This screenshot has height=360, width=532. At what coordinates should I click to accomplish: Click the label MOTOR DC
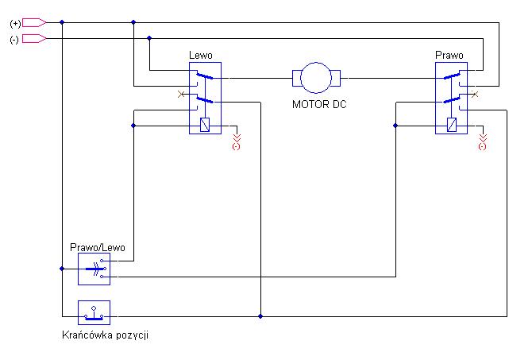(x=319, y=104)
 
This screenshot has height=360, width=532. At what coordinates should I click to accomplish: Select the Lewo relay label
(x=201, y=55)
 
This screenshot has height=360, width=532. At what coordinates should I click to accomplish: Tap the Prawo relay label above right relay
(x=449, y=55)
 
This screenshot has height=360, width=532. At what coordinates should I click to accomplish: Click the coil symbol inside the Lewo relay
(x=205, y=125)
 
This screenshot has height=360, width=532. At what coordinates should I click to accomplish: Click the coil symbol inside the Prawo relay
(x=452, y=125)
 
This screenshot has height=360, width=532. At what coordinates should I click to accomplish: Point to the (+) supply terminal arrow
(x=34, y=23)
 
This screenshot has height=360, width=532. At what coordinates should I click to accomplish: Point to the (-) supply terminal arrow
(x=34, y=39)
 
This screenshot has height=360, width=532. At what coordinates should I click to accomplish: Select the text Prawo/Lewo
(x=98, y=247)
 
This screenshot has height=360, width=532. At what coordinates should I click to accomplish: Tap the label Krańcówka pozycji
(x=105, y=335)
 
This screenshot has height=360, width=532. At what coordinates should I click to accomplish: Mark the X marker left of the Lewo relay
(x=181, y=94)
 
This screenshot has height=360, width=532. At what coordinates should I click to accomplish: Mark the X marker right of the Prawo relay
(x=475, y=94)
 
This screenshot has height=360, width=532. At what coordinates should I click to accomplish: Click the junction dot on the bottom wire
(x=260, y=316)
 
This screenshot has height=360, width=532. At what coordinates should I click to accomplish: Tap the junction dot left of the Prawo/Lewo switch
(x=62, y=269)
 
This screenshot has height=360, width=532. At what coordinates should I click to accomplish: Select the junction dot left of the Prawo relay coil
(x=395, y=126)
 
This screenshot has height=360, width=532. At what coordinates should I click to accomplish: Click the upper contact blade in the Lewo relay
(x=205, y=75)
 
